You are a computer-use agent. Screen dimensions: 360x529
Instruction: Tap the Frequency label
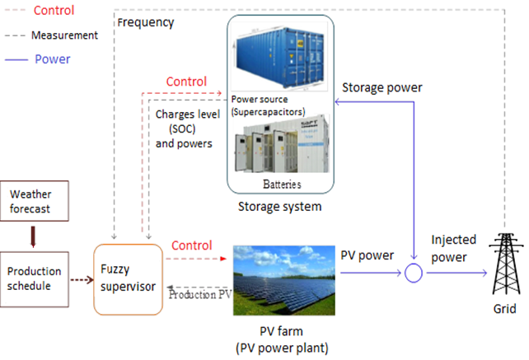146,22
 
